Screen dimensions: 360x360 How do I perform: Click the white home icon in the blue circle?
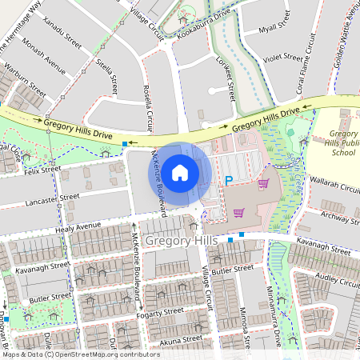tap(180, 172)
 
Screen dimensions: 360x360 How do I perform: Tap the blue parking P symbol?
tap(229, 182)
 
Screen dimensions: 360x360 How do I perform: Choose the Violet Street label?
tap(284, 58)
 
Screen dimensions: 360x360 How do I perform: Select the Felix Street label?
tap(42, 170)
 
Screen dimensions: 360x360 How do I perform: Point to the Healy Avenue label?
tap(78, 226)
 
